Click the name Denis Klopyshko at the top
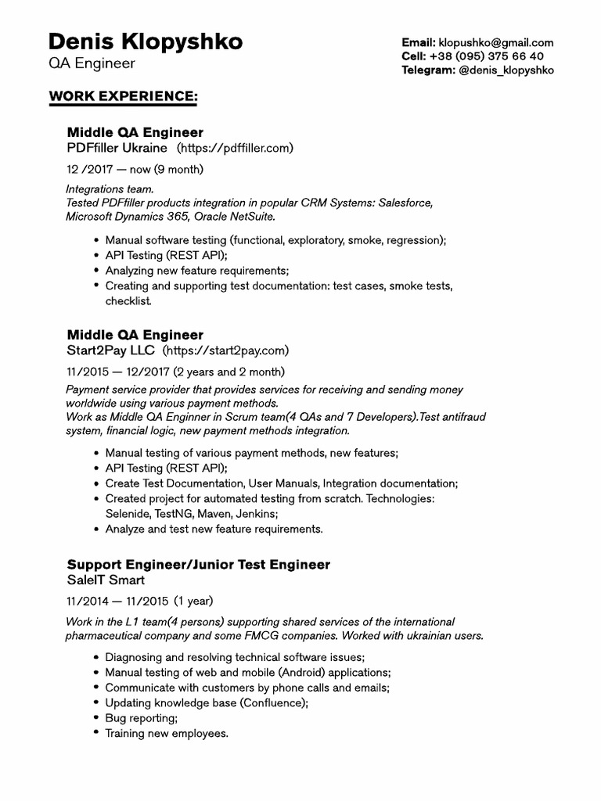145,41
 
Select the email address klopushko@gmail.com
496,43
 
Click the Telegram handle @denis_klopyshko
506,70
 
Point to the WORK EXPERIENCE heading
123,95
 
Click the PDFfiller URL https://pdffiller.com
235,148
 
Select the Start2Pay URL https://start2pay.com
225,350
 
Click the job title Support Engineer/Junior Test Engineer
199,564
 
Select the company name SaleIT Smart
106,580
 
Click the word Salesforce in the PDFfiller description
405,203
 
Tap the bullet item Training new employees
167,733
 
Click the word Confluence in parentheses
274,702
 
